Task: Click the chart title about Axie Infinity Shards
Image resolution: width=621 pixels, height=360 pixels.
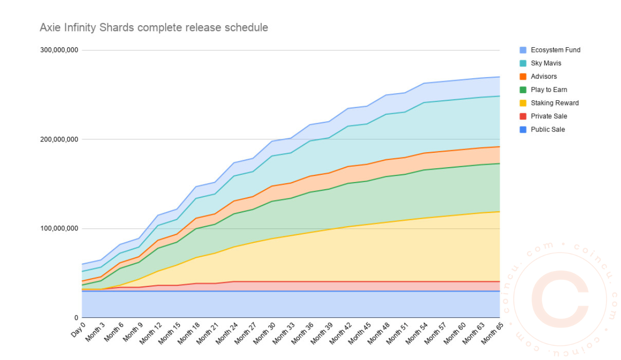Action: point(154,28)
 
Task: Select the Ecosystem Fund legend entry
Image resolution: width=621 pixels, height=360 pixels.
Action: point(555,50)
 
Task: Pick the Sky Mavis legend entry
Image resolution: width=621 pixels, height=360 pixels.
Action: point(546,63)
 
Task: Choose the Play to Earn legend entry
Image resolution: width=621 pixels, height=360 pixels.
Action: point(549,89)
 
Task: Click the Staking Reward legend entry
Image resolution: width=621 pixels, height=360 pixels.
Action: point(555,103)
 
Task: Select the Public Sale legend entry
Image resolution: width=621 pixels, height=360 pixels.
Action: point(548,130)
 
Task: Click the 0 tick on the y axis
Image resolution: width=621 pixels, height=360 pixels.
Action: point(76,318)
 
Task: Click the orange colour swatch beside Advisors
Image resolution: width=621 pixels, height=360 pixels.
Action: point(523,77)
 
